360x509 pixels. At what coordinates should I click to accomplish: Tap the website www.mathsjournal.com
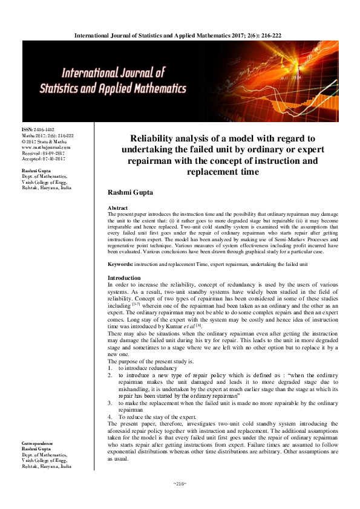point(46,148)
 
